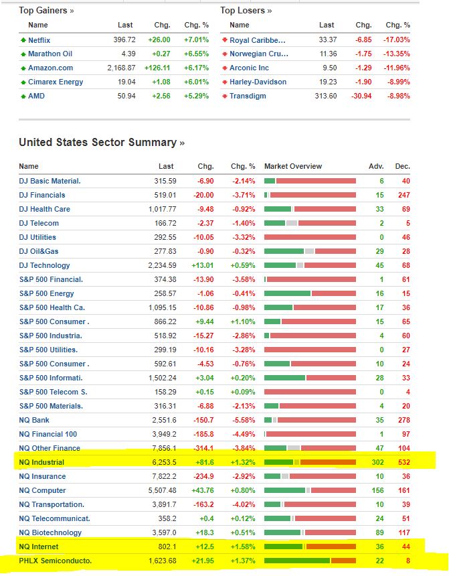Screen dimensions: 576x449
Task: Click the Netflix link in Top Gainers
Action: point(39,40)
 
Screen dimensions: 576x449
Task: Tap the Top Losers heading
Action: point(246,10)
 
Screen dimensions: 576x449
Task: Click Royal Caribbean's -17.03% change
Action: point(395,40)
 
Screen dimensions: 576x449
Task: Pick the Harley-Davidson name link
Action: point(258,82)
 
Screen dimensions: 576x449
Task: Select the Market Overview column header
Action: point(292,166)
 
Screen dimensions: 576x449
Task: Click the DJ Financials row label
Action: point(42,195)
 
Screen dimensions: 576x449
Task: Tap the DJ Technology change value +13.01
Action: point(202,265)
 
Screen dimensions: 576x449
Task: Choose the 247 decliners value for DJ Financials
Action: point(403,195)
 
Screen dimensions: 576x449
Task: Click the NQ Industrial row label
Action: point(41,462)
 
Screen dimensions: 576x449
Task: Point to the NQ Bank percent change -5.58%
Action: point(243,420)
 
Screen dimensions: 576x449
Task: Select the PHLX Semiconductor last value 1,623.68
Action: point(160,561)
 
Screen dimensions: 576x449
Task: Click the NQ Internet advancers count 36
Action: point(379,547)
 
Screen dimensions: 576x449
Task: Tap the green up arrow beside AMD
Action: point(23,96)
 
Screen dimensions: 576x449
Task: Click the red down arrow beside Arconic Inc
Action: point(225,68)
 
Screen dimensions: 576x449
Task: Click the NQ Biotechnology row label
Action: point(50,532)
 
